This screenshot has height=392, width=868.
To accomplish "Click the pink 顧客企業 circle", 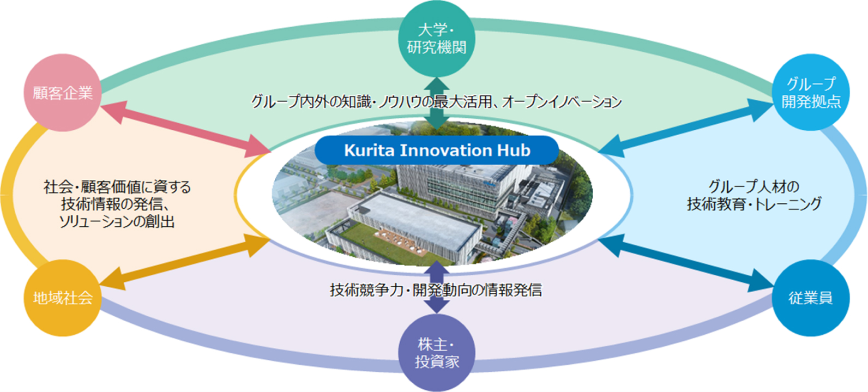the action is coord(62,93).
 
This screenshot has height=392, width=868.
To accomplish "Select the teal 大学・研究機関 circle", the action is coord(437,39).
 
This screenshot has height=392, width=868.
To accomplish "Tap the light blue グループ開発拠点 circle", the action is coord(811,92).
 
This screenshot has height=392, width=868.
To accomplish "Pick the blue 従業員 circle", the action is coord(811,298).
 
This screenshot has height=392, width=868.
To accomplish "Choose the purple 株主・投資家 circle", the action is coord(437,353).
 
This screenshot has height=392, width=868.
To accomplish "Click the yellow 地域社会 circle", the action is coord(62,298).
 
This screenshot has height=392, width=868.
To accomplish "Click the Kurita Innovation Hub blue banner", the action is coord(437,150).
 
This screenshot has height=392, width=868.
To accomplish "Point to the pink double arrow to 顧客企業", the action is coord(186,129).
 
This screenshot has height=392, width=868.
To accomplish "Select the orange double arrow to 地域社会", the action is coord(185,262).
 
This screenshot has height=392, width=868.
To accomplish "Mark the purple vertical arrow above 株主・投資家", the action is coord(437,287).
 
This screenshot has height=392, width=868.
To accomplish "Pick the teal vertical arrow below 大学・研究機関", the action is coord(437,104).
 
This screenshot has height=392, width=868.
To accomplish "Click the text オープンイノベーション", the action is coord(562,102).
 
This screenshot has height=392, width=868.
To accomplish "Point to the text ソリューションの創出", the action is coord(117,221).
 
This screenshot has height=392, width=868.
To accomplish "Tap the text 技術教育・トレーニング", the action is coord(754,204).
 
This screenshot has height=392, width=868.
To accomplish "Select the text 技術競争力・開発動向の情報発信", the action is coord(436,290).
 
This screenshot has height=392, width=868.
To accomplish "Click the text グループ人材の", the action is coord(754,186).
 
